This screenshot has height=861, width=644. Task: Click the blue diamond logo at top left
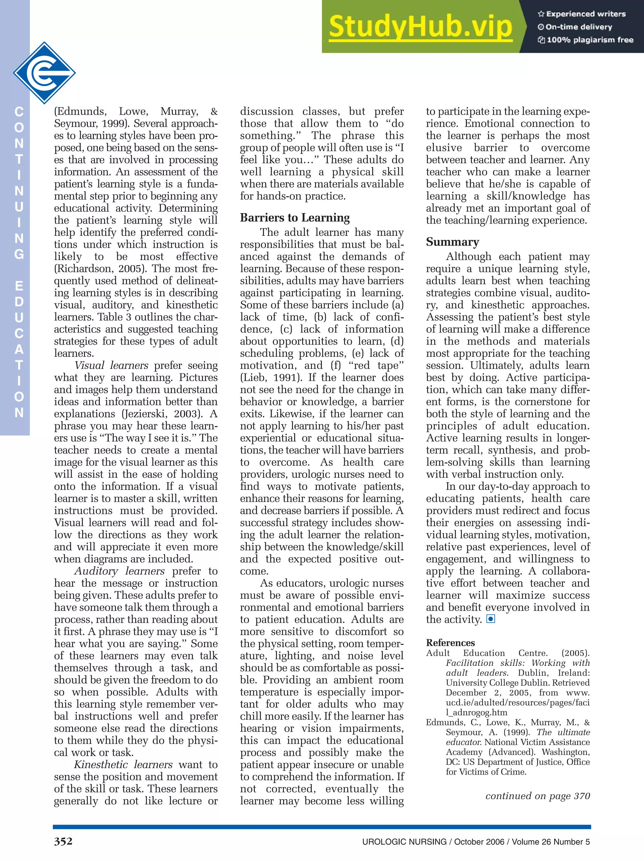coord(44,73)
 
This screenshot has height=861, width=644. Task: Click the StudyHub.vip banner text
coord(420,26)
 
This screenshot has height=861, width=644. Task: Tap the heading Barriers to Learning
coord(295,218)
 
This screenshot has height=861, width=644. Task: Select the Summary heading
coord(452,242)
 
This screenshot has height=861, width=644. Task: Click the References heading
coord(450,643)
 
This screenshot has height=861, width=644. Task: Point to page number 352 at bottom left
coord(63,842)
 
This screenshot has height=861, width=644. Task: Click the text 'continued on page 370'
coord(538,796)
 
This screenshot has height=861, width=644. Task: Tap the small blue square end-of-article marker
coord(491,619)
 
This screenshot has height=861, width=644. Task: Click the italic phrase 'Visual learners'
coord(111,366)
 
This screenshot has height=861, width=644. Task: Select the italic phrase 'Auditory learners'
coord(119,571)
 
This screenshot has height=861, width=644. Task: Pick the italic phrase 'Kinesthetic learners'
coord(123,765)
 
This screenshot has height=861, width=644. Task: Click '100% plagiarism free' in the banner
coord(590,40)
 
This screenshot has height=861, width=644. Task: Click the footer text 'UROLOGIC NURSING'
coord(404,842)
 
